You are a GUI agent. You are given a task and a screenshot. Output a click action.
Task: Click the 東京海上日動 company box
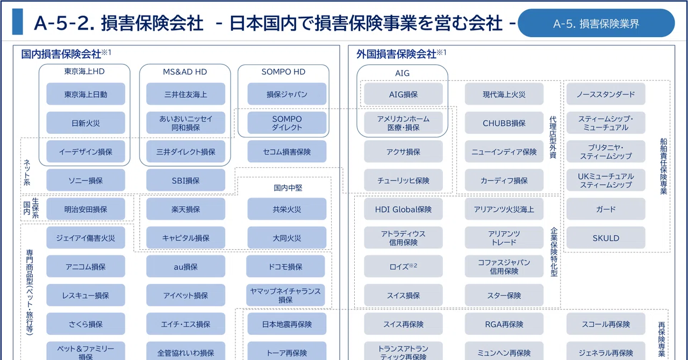click(x=85, y=94)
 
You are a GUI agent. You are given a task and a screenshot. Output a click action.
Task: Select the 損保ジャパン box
click(x=287, y=94)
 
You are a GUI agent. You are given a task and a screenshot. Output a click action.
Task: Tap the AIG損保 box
click(x=403, y=94)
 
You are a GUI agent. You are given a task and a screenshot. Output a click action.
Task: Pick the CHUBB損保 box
click(x=504, y=123)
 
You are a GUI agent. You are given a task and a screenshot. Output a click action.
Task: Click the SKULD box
click(x=606, y=237)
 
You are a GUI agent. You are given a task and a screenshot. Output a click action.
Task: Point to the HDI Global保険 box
click(x=403, y=209)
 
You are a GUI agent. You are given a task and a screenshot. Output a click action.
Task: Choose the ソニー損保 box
click(x=85, y=181)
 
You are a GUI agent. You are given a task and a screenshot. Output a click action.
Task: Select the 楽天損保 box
click(x=185, y=209)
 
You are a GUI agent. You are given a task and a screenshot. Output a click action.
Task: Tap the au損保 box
click(x=185, y=267)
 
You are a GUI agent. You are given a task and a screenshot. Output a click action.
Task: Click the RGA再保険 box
click(x=504, y=324)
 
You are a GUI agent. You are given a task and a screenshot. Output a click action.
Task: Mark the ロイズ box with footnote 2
click(x=403, y=267)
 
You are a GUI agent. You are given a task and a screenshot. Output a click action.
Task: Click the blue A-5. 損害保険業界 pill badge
click(x=596, y=23)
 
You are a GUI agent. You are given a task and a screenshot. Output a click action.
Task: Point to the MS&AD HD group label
click(x=185, y=72)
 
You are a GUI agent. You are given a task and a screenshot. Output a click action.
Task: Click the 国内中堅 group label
click(x=288, y=188)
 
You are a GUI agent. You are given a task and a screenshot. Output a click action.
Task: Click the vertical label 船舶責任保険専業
click(x=663, y=166)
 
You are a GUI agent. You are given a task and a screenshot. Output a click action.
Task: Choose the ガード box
click(x=606, y=209)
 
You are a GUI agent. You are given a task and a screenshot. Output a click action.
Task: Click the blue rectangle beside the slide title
click(x=18, y=21)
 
